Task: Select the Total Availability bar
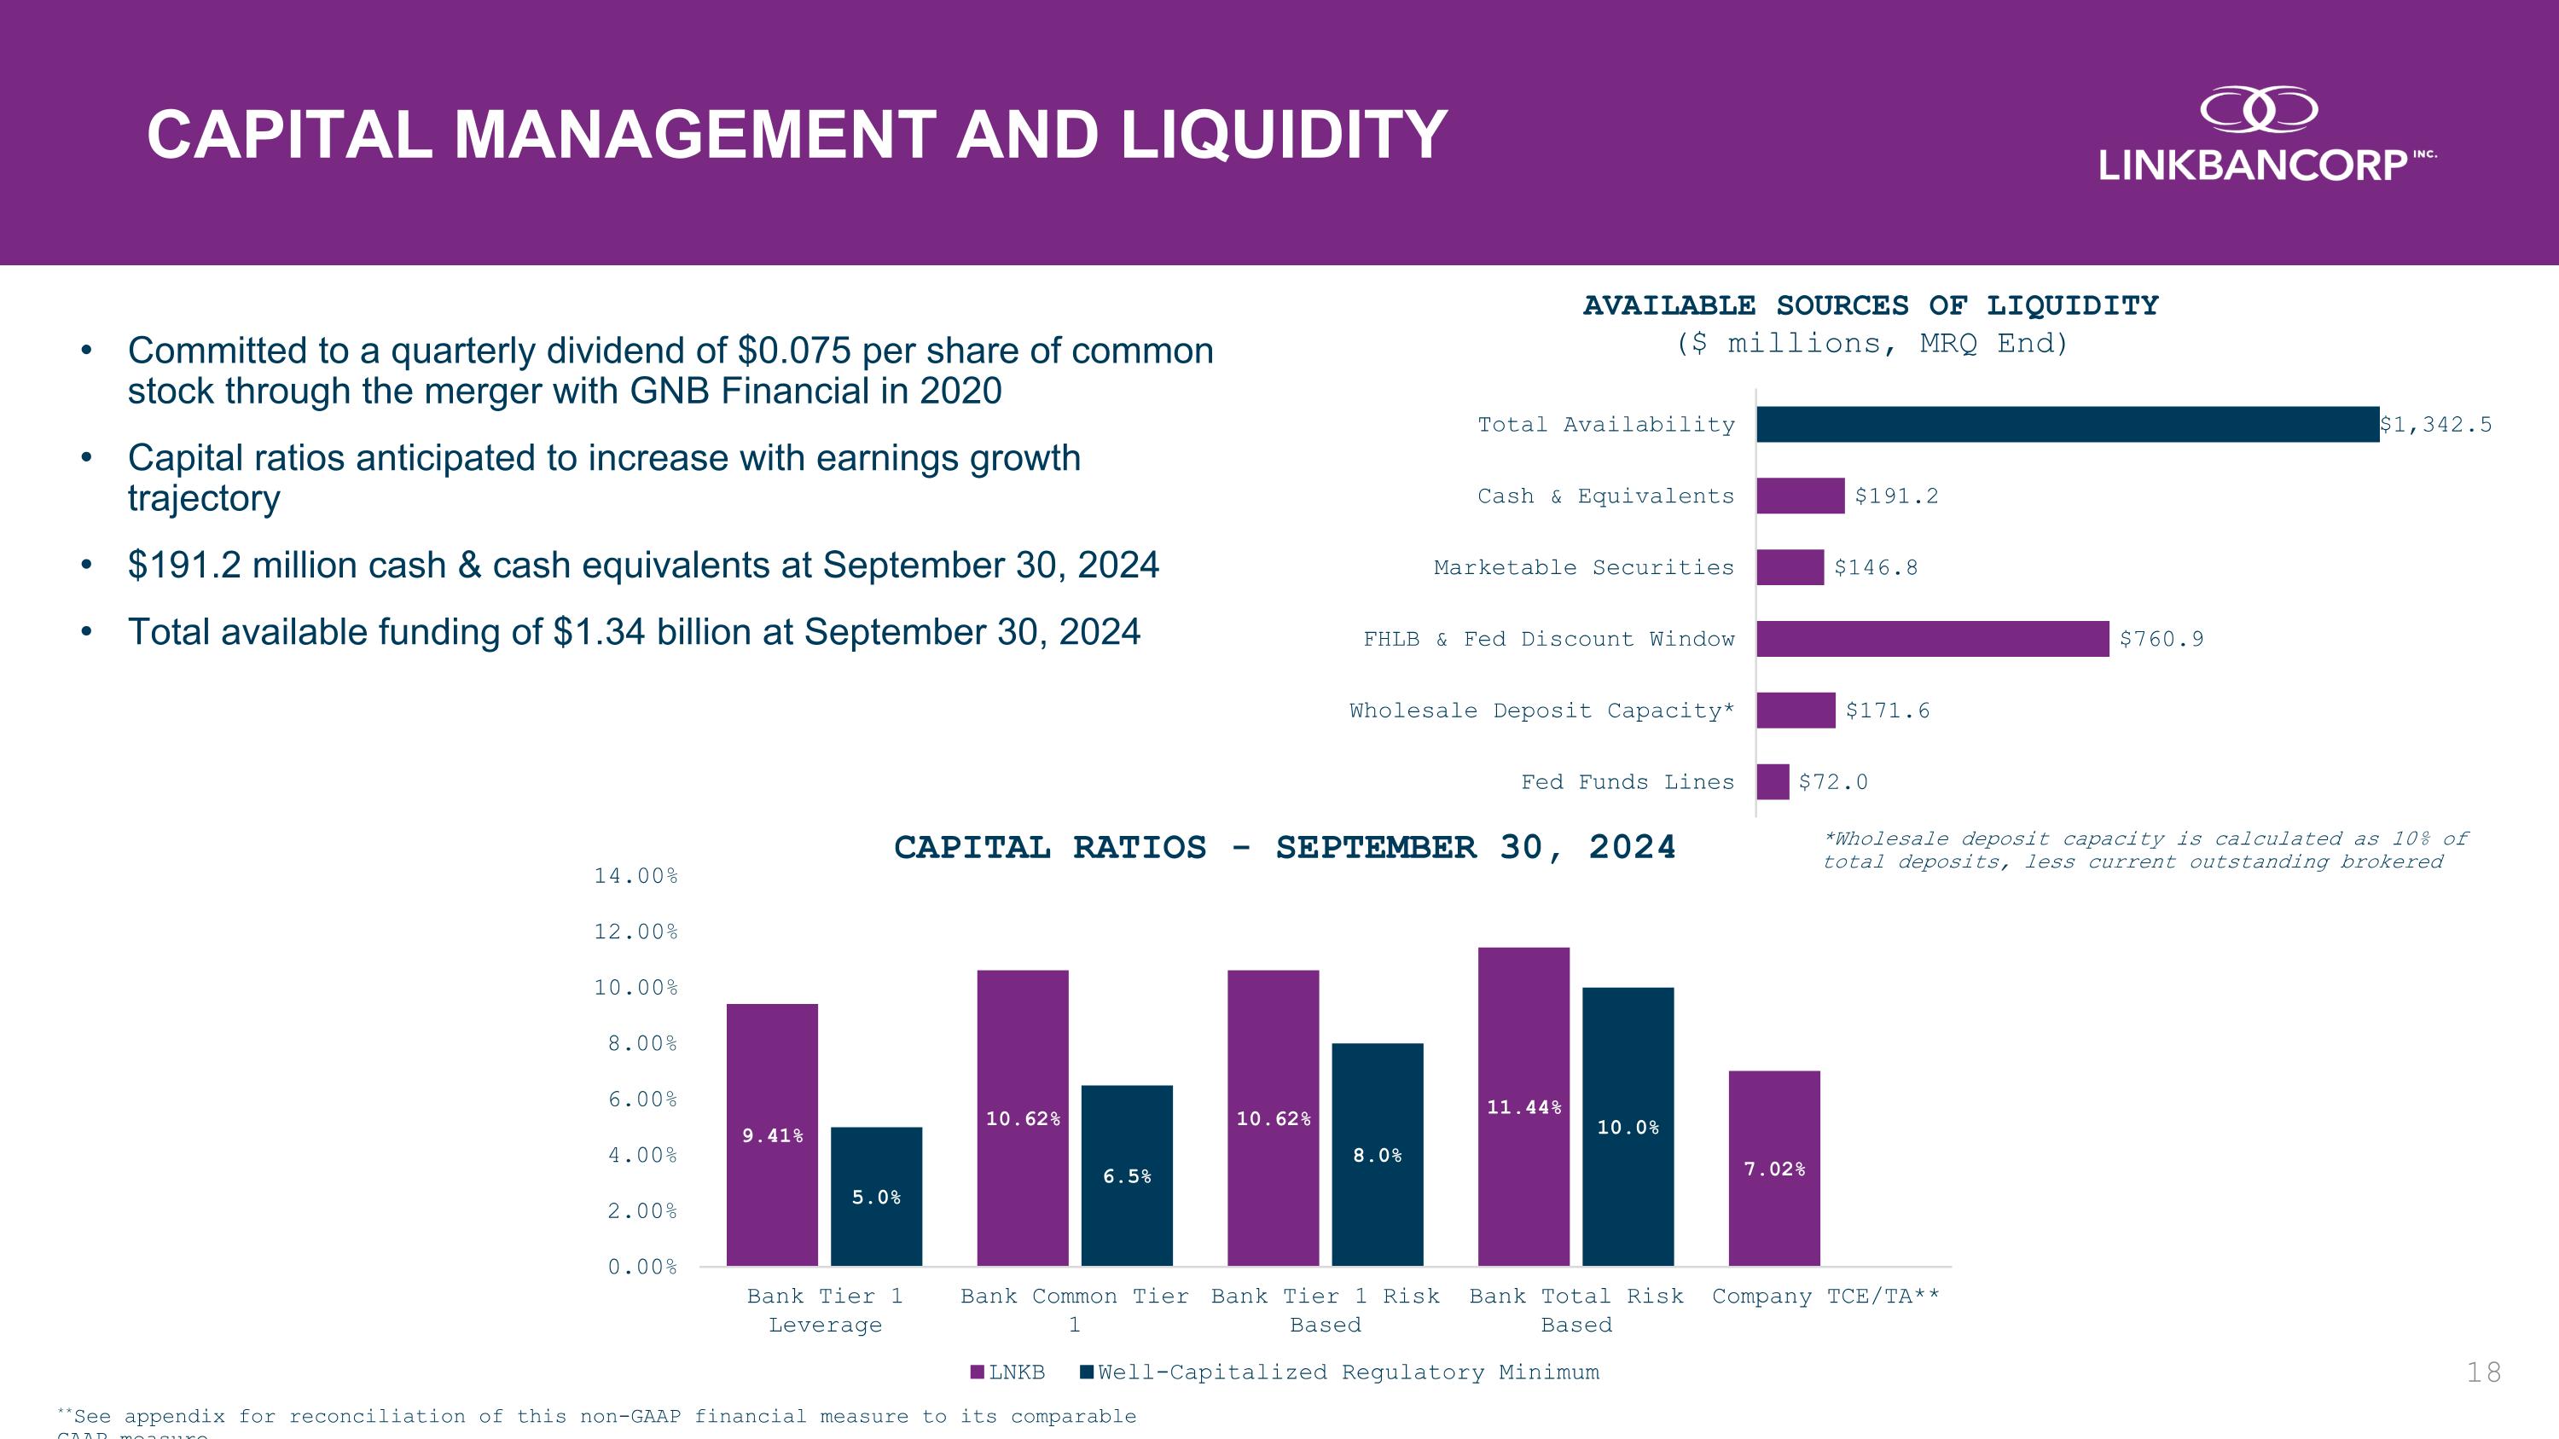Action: point(2066,424)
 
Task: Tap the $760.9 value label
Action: point(2161,640)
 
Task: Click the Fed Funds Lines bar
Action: point(1773,781)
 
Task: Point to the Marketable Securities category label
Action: point(1583,567)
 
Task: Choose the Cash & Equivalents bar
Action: point(1800,496)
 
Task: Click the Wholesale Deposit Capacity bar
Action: point(1795,710)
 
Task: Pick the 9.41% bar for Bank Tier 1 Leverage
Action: point(772,1134)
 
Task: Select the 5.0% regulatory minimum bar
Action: point(876,1196)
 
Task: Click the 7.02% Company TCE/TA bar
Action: point(1774,1168)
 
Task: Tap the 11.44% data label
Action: point(1523,1107)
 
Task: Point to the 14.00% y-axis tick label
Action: point(635,876)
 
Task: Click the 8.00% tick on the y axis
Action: point(635,1042)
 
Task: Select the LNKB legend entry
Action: point(1008,1372)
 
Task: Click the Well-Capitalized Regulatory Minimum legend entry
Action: point(1340,1372)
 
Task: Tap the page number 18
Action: point(2483,1372)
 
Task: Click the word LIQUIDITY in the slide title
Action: point(1284,135)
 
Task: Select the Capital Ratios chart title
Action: point(1285,847)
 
